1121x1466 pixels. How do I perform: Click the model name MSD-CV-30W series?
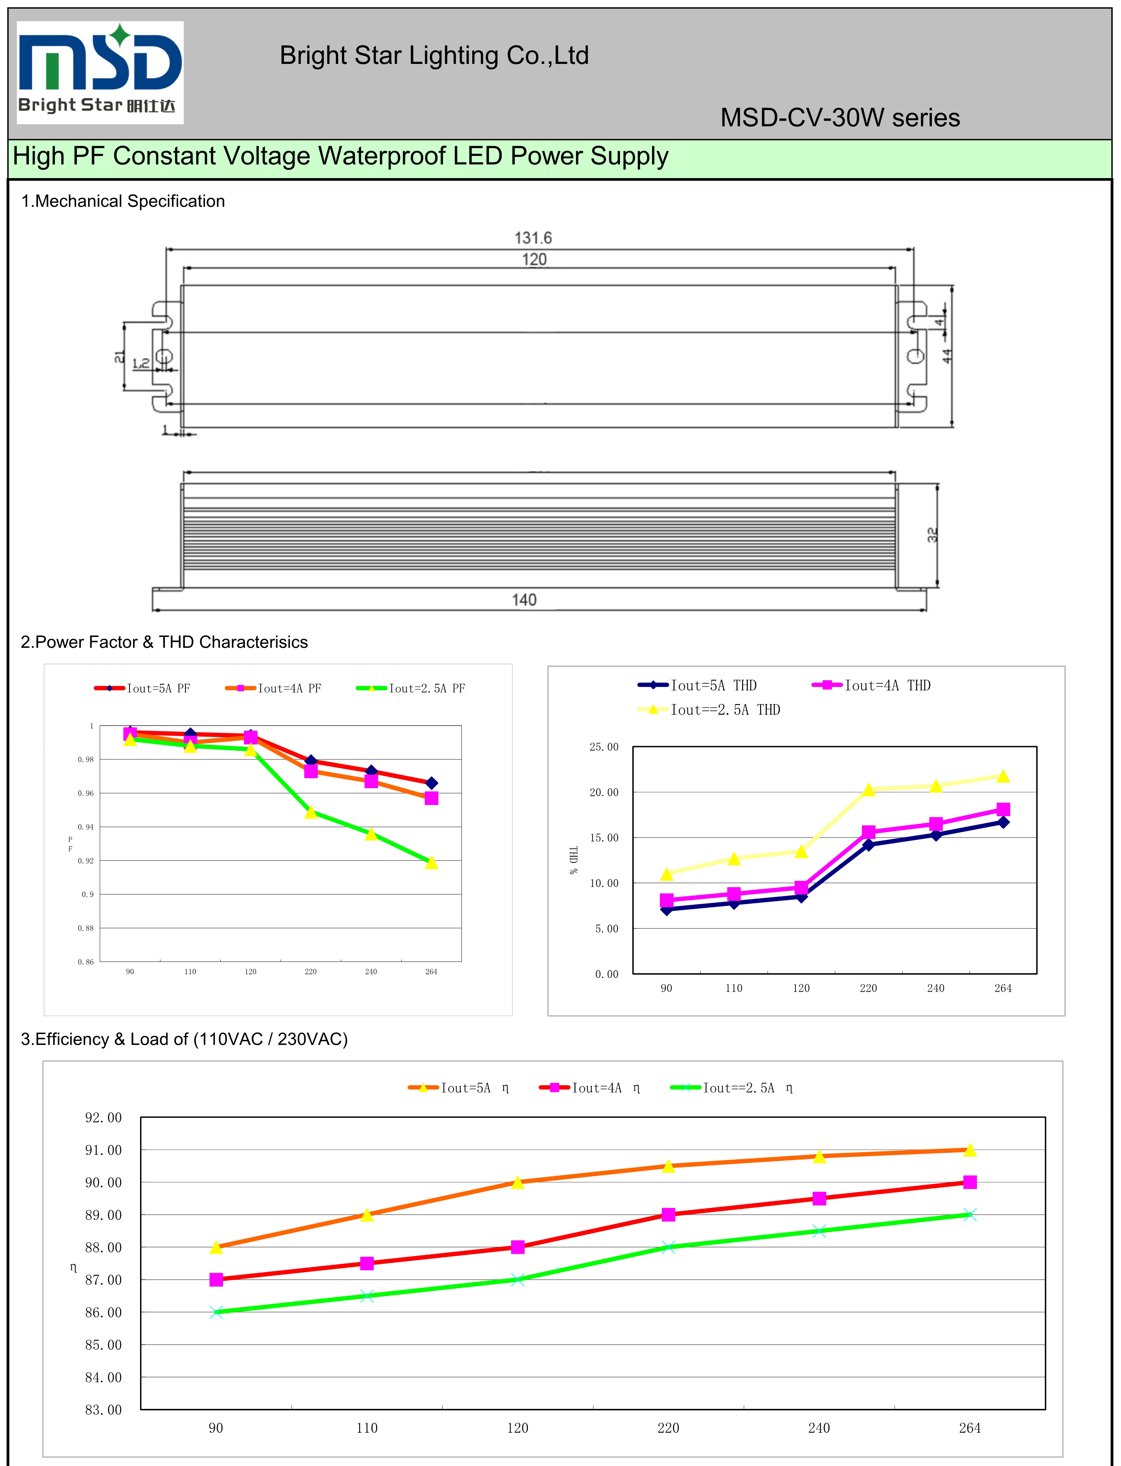tap(839, 118)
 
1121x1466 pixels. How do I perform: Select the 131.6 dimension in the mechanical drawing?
tap(533, 238)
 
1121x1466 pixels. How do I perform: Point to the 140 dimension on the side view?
tap(524, 600)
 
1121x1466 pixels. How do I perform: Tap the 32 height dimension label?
tap(932, 534)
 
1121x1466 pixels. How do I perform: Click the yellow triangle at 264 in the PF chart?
tap(431, 862)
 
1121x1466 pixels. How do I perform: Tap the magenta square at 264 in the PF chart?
tap(431, 799)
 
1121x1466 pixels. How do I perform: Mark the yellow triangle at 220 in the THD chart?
tap(868, 790)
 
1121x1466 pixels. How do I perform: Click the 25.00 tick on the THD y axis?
tap(604, 747)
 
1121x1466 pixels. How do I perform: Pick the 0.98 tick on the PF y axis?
tap(85, 760)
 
